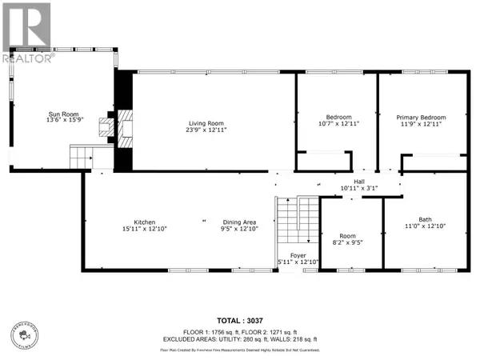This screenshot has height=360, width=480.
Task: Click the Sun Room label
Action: (60, 115)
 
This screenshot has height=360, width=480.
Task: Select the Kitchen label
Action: (144, 222)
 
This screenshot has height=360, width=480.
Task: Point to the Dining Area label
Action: (239, 222)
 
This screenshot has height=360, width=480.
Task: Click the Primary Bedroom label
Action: (423, 118)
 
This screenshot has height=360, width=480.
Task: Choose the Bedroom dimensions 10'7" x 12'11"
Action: (338, 125)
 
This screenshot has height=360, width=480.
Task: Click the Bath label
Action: (424, 219)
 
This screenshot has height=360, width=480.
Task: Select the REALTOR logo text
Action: (27, 58)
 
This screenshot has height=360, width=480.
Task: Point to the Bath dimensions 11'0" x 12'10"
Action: (424, 226)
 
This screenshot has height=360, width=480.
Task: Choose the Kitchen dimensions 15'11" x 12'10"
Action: (144, 229)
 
